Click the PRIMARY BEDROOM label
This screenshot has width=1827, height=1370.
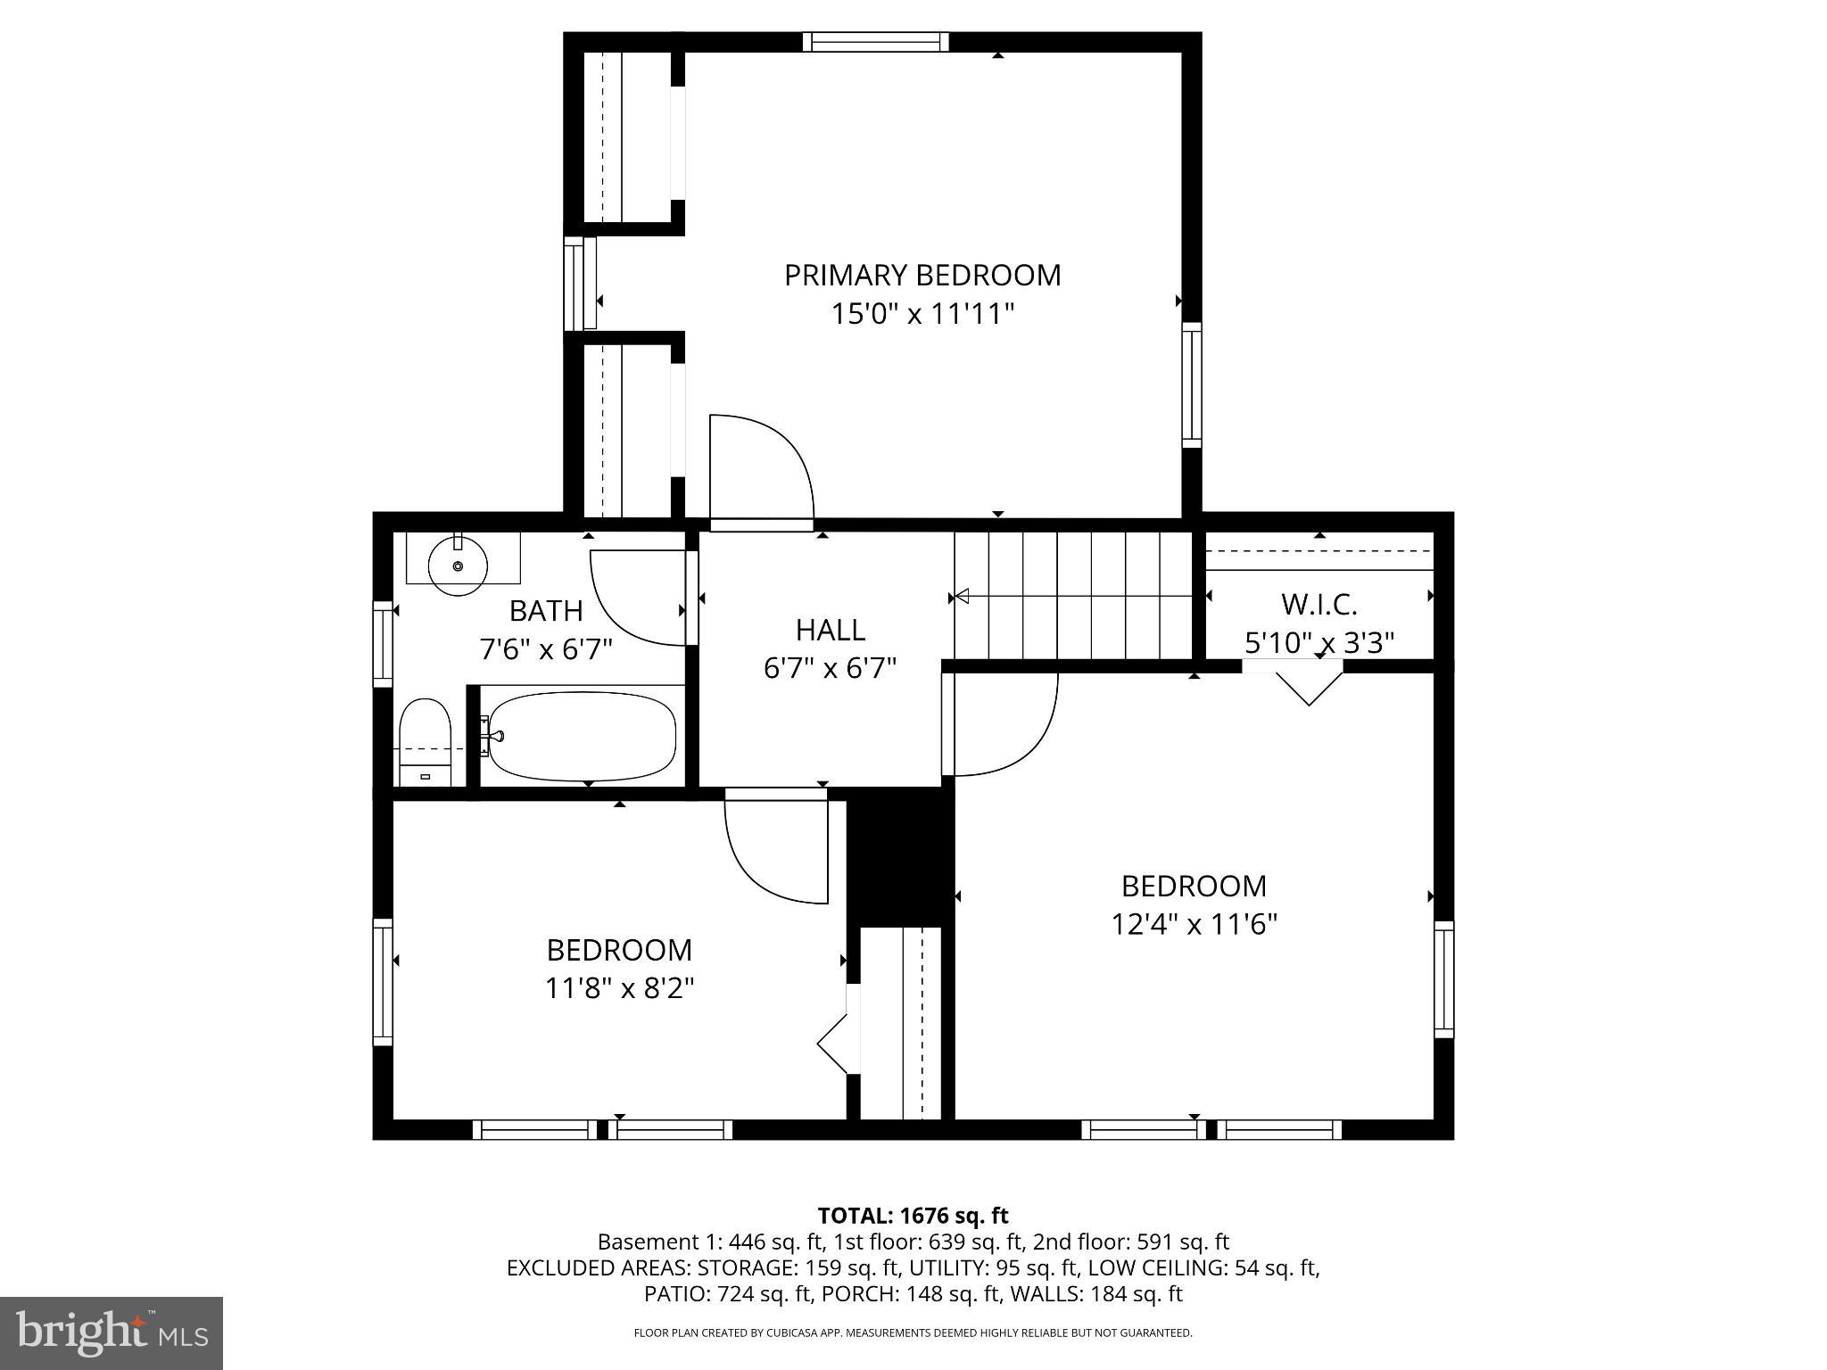pos(922,275)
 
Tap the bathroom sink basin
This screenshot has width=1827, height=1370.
pos(458,565)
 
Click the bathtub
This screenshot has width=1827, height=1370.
pos(582,737)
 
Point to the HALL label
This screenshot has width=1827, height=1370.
pos(830,631)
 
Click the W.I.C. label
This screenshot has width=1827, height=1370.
pos(1319,605)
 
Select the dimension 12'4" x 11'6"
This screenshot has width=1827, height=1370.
pos(1194,924)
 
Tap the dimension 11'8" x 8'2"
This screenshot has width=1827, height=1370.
pos(619,988)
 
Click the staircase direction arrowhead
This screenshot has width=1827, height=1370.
pos(962,596)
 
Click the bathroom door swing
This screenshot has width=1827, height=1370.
pos(636,596)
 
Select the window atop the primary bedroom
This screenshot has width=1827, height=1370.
pos(875,42)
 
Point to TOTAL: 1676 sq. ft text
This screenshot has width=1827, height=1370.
pos(913,1216)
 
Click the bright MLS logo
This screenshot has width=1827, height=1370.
pos(112,1333)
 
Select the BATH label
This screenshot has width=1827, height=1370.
pos(546,611)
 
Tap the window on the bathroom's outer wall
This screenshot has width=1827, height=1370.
pos(383,644)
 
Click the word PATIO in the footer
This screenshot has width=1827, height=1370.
pos(674,1293)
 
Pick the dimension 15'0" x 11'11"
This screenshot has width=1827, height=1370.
pos(922,314)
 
